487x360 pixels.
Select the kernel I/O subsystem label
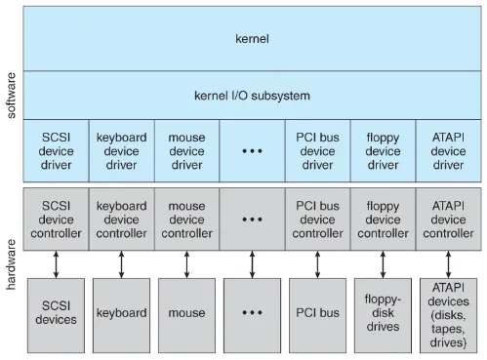[253, 97]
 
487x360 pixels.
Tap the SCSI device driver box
[56, 151]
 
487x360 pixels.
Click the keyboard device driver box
[121, 151]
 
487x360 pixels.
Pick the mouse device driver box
[186, 151]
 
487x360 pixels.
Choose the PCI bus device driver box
[317, 151]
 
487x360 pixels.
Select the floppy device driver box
[383, 151]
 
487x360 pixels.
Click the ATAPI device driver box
[448, 151]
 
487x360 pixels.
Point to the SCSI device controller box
[56, 220]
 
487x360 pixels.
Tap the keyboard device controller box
[121, 220]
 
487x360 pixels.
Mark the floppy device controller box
[383, 220]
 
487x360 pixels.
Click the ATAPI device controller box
[448, 220]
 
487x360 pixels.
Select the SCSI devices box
[56, 313]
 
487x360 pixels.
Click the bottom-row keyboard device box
[121, 313]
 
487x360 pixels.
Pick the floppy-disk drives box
[383, 313]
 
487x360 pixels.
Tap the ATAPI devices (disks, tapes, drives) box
[448, 313]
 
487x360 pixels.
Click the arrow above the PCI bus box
[317, 263]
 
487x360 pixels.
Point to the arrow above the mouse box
[186, 263]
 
